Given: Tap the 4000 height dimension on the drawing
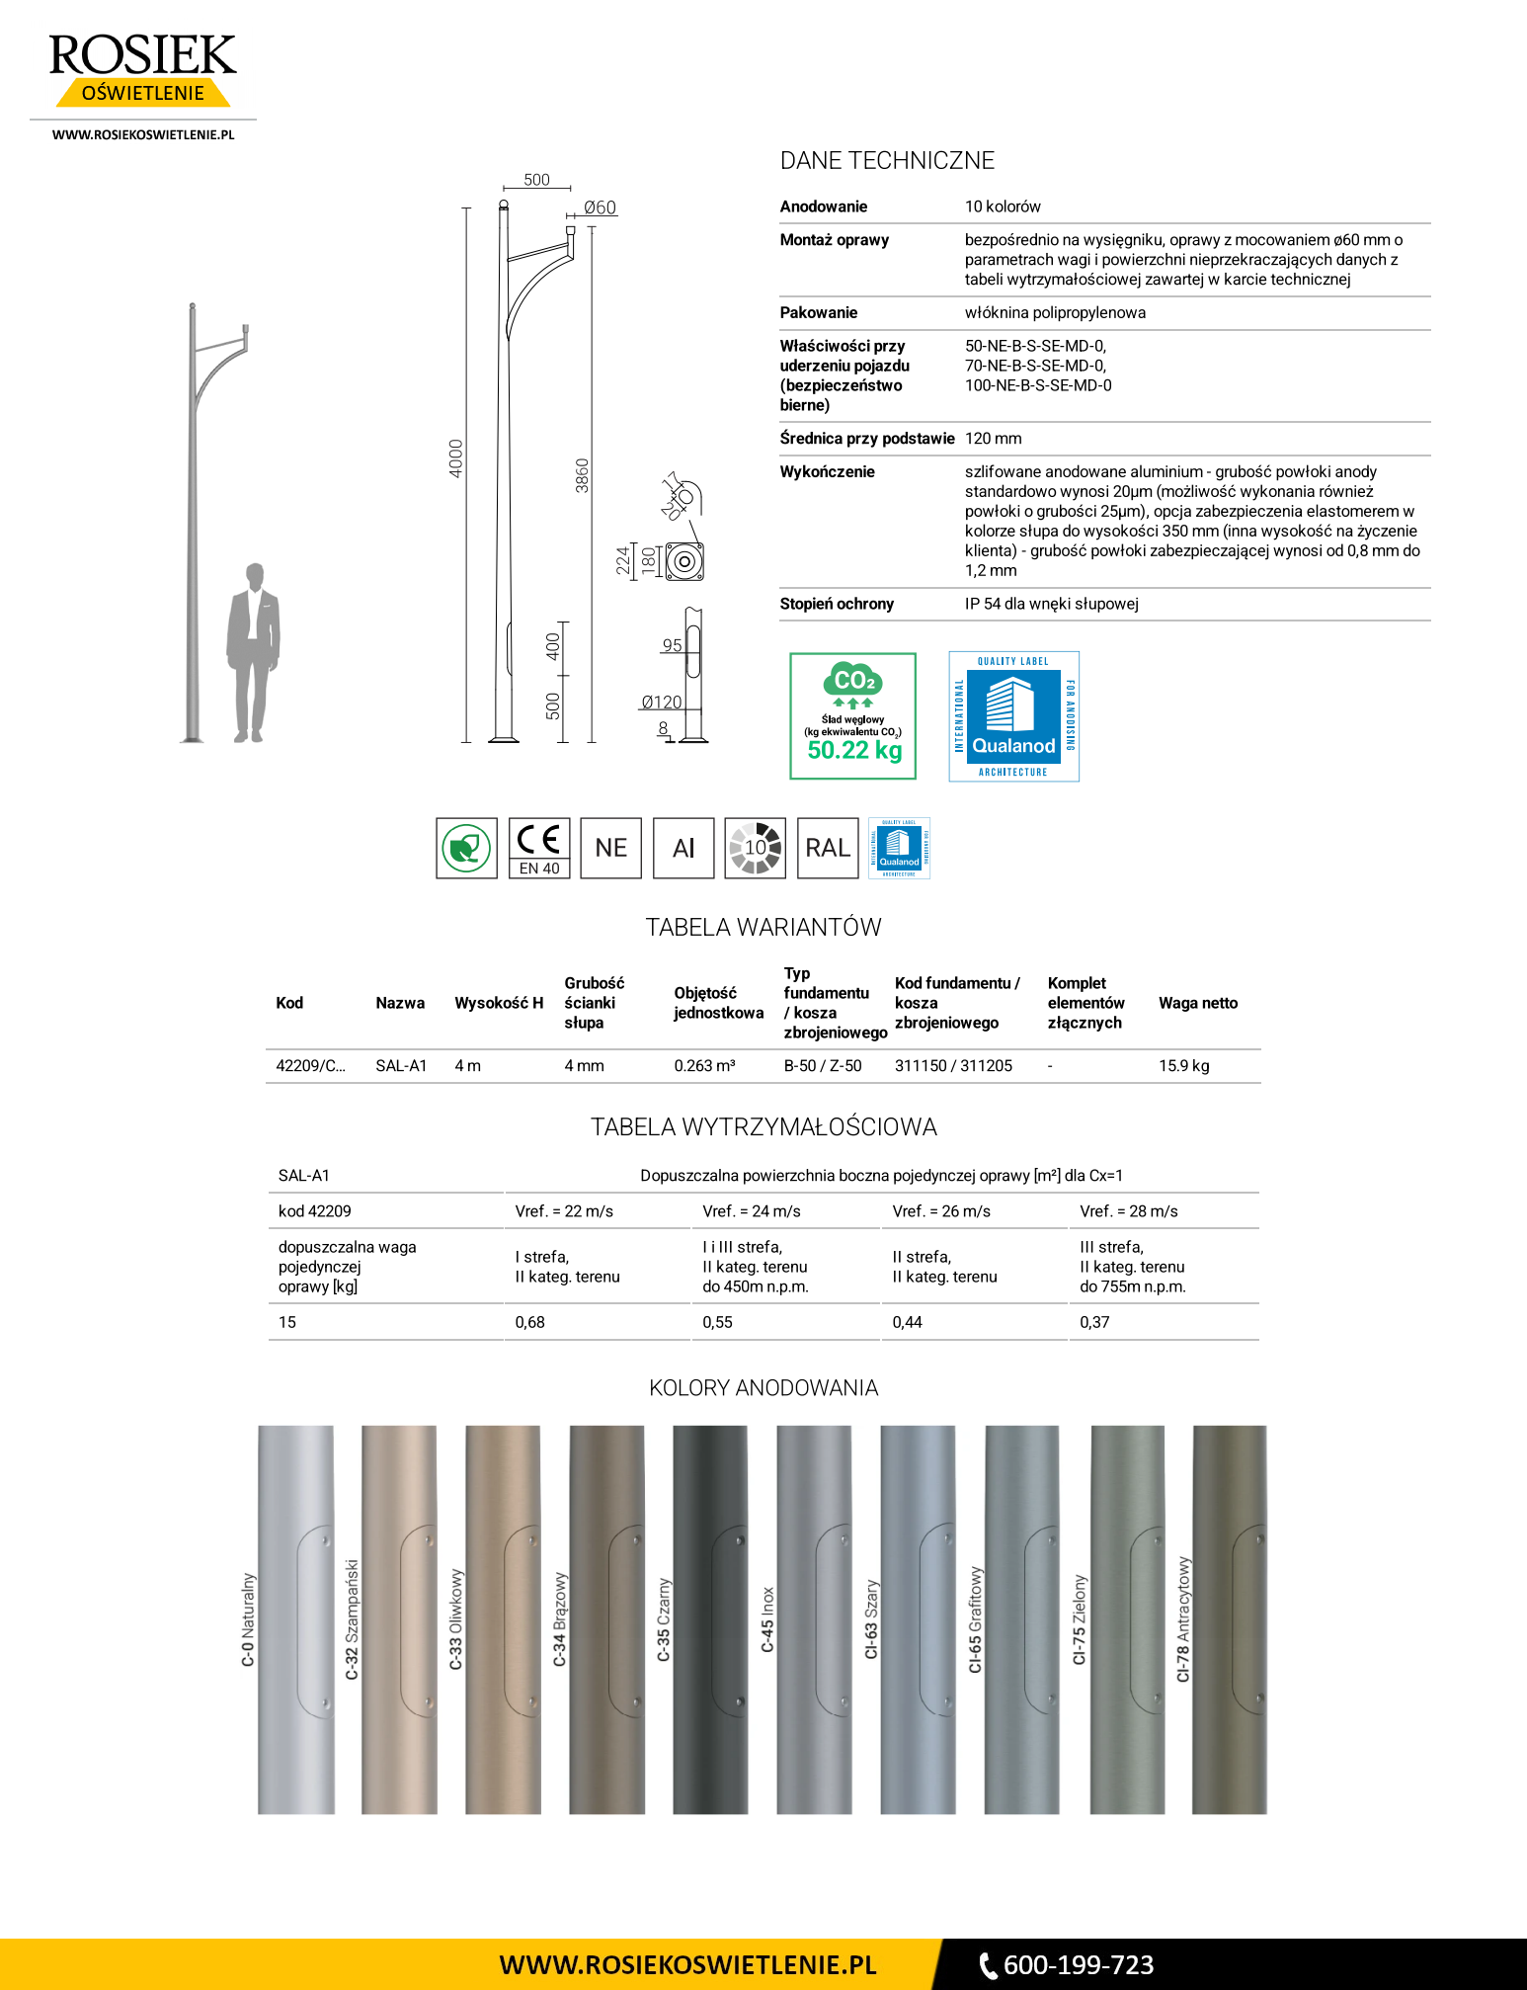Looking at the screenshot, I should pos(455,458).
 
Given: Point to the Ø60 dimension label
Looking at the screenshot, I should pos(599,207).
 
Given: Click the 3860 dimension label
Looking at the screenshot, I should pos(582,475).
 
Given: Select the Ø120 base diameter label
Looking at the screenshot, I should pos(661,703).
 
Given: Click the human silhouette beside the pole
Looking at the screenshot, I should pos(253,652).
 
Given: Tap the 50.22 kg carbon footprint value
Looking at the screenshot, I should pos(854,750).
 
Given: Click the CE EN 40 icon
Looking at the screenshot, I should pos(539,848).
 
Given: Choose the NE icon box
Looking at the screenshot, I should pos(611,848).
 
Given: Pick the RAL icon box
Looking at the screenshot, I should pos(828,848).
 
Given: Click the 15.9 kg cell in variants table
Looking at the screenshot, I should pos(1183,1066).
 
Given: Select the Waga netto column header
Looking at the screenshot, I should pos(1197,1003).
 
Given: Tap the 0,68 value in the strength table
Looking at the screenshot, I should pos(530,1322).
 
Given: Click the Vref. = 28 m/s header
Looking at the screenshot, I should pos(1128,1211).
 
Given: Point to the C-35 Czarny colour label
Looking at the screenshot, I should pos(664,1619).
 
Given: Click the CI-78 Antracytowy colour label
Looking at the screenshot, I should pos(1183,1619).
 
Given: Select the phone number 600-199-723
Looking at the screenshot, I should pos(1078,1965).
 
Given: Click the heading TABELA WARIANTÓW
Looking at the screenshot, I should pos(763,928).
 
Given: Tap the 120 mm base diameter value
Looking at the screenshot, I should pos(993,439).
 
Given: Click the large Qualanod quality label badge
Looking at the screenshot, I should pos(1013,716).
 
